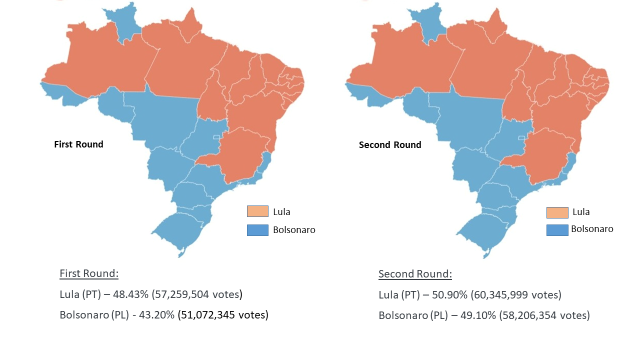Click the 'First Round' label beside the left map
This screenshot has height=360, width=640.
[x=78, y=145]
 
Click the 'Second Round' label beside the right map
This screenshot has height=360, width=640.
[x=389, y=145]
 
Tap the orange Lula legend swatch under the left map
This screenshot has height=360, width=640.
[x=258, y=212]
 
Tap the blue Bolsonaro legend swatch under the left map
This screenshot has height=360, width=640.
[x=258, y=230]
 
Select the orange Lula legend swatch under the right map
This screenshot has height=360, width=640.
[x=556, y=212]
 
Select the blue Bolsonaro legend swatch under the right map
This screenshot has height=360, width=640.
[x=556, y=229]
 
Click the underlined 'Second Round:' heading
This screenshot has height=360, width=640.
[x=415, y=274]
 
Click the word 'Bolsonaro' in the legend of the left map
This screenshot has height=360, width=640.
[x=294, y=230]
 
